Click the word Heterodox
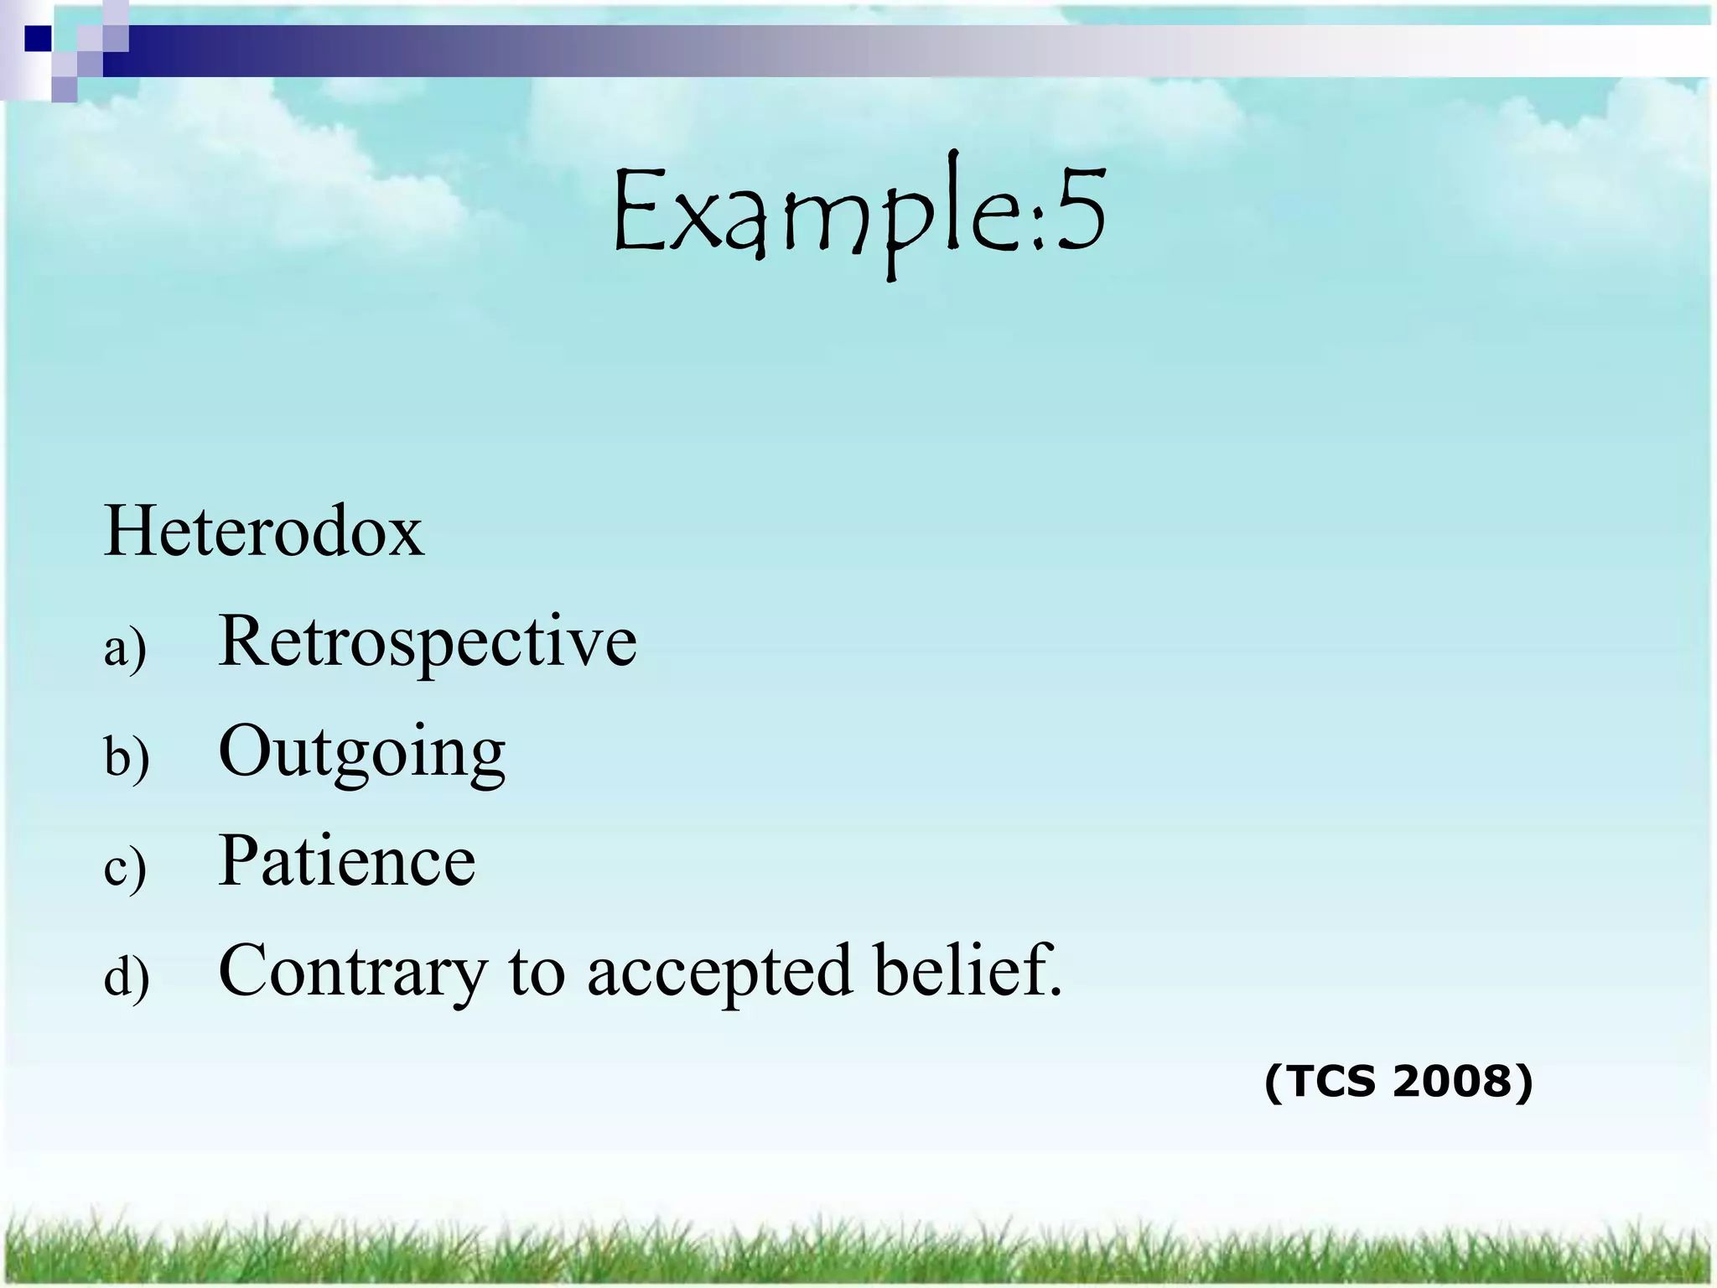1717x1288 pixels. (x=264, y=532)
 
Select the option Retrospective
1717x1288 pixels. (x=427, y=642)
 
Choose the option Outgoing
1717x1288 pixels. (x=361, y=752)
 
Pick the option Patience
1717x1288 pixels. (x=346, y=861)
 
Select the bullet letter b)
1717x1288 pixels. (x=127, y=758)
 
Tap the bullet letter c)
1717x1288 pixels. (x=125, y=868)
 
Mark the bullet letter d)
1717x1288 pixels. (x=127, y=978)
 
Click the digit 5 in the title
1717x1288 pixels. (x=1080, y=210)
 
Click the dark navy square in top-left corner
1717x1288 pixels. (x=37, y=38)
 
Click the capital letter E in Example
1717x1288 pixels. (x=638, y=210)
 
